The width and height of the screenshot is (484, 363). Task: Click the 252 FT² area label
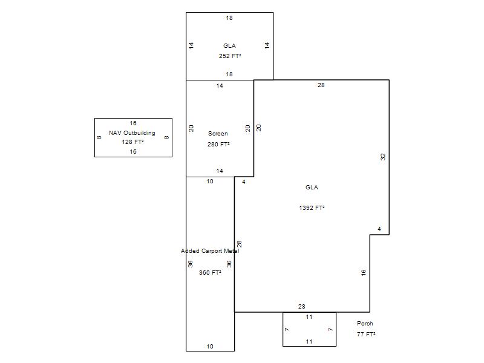230,56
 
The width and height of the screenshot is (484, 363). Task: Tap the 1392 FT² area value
312,208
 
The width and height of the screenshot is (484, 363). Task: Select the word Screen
218,133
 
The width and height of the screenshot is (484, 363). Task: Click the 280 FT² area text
218,144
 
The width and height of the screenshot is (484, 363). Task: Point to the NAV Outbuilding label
132,133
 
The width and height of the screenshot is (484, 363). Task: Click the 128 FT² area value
132,142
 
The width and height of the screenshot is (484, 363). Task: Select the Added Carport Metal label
210,250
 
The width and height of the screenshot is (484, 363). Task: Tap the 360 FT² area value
210,273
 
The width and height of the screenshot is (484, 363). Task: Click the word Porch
365,323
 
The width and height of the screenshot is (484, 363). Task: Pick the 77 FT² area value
366,334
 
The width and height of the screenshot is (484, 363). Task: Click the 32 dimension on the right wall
383,157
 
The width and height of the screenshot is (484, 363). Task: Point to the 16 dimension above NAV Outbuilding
133,123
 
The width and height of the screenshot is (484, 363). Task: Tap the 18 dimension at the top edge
229,18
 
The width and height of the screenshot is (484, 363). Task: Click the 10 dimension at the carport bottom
210,346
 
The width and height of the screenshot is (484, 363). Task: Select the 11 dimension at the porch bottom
309,341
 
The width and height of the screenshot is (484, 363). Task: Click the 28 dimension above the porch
301,306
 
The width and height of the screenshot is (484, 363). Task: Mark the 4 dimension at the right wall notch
379,229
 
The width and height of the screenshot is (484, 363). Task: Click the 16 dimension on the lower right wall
364,273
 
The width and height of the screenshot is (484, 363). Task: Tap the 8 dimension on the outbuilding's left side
99,138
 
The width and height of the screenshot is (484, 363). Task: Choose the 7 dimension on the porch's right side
330,329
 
